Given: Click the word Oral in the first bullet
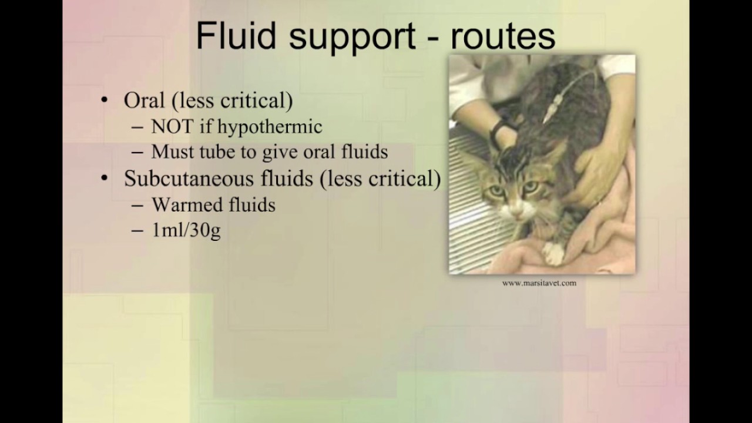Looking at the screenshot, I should point(144,100).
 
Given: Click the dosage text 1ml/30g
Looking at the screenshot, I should point(186,230).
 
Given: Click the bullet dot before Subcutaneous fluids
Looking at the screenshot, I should point(105,179).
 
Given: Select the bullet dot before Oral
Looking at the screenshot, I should point(105,100).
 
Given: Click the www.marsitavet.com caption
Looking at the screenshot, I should point(539,283).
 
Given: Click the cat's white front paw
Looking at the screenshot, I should point(553,253).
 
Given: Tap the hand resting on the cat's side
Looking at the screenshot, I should point(599,170).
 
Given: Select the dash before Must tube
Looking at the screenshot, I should point(137,152).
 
